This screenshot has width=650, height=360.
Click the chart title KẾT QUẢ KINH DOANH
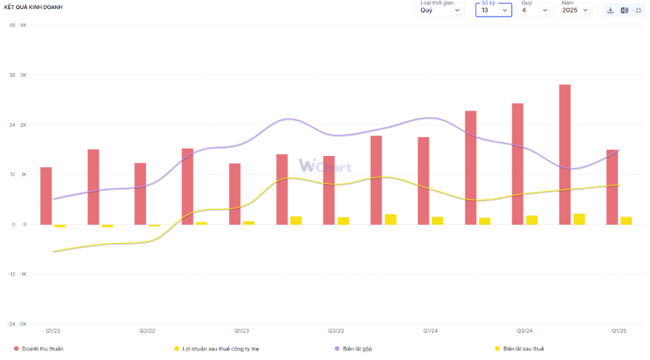point(33,7)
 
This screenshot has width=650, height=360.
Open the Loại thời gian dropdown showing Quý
point(439,10)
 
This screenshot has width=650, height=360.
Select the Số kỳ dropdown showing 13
point(493,10)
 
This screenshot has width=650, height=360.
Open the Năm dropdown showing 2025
point(576,10)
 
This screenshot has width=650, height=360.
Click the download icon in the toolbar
point(610,10)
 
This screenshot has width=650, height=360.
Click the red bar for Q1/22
point(46,196)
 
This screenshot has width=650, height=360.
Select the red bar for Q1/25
point(612,187)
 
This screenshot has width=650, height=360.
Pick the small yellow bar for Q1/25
point(626,221)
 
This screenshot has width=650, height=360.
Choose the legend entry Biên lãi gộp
point(357,348)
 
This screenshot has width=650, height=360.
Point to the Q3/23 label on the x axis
point(336,331)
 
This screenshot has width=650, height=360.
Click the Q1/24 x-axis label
point(430,331)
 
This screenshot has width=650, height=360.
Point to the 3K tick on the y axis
point(23,75)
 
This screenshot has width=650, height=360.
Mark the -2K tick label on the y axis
point(22,324)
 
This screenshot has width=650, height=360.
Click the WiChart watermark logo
point(325,166)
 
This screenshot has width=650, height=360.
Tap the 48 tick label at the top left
point(12,25)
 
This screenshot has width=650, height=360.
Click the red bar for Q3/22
point(140,194)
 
